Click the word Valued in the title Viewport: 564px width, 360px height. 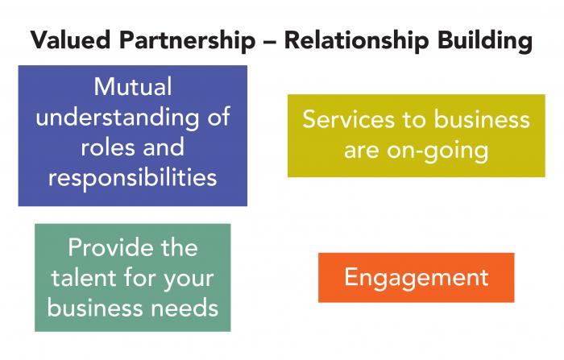coord(71,39)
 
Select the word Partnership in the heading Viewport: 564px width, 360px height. coord(187,41)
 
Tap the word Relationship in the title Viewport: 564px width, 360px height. coord(356,41)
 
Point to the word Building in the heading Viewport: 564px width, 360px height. coord(485,41)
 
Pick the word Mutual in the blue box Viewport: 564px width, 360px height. coord(133,87)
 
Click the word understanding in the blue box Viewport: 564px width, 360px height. coord(117,118)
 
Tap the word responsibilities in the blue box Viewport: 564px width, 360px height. coord(133,178)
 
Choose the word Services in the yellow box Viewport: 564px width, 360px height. coord(348,119)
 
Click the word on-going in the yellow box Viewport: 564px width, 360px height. coord(438,151)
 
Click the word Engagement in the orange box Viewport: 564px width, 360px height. coord(417,278)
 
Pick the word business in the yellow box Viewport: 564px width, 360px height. coord(482,119)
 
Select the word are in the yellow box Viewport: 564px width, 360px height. coord(361,151)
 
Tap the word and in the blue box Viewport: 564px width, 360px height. coord(164,147)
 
